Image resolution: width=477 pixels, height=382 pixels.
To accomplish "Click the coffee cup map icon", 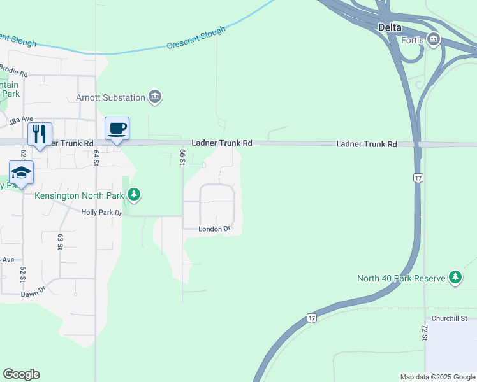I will click(x=117, y=129).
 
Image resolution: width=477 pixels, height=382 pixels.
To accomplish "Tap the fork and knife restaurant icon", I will click(x=40, y=134).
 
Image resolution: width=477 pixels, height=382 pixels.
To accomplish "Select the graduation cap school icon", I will click(x=21, y=173).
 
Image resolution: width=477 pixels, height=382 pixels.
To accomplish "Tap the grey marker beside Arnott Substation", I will click(x=155, y=97).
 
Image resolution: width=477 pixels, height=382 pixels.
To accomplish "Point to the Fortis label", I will click(x=413, y=40).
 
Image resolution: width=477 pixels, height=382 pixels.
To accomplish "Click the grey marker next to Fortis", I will click(x=434, y=40).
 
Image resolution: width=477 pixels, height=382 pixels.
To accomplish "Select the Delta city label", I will click(x=390, y=27).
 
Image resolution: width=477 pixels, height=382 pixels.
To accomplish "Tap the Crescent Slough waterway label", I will click(x=196, y=38).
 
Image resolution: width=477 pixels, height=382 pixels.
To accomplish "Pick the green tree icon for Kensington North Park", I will click(x=134, y=194).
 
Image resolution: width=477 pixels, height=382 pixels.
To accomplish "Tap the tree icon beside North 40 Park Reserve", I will click(x=455, y=278).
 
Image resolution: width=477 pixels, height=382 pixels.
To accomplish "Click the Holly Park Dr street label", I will click(x=101, y=212).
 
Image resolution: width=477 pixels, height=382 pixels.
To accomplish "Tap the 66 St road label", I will click(x=182, y=156).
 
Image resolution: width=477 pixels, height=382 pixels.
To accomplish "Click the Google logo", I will click(x=21, y=374).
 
